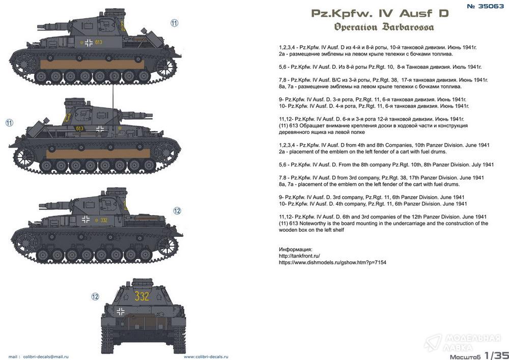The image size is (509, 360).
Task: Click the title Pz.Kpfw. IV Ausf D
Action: (x=380, y=13)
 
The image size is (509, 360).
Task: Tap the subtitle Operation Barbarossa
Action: (x=384, y=27)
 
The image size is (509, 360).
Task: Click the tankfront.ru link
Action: (x=299, y=256)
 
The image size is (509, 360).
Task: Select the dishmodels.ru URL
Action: (x=332, y=262)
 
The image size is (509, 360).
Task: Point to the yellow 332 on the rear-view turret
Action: (x=142, y=296)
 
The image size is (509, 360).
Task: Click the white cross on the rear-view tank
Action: (x=121, y=312)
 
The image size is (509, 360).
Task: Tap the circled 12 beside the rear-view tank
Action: (x=95, y=297)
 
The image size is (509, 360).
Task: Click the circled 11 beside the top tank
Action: (x=174, y=23)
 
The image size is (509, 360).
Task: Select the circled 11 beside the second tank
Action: (x=9, y=123)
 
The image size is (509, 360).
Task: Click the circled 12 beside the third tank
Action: (x=177, y=211)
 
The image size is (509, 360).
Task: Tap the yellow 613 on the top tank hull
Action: (x=98, y=42)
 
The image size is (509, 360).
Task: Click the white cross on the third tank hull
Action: (x=86, y=219)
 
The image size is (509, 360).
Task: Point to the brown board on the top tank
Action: (x=92, y=64)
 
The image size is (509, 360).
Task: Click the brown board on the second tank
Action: (x=98, y=154)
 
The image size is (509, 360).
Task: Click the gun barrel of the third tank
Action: (x=55, y=205)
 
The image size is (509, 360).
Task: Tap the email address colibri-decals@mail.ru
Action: (x=46, y=357)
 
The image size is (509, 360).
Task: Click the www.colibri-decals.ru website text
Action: (x=206, y=357)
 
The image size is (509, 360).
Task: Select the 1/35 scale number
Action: (x=497, y=355)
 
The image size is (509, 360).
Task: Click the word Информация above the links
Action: (x=295, y=250)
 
